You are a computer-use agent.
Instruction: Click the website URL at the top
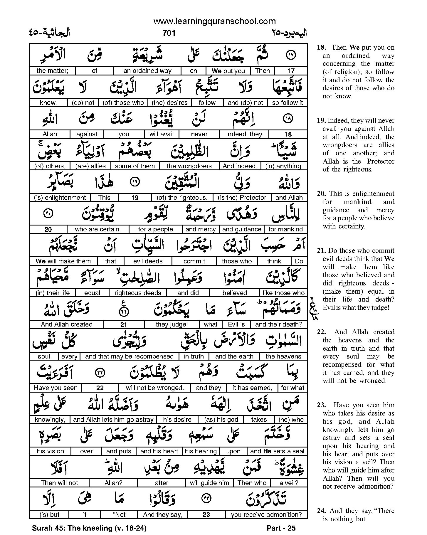point(214,21)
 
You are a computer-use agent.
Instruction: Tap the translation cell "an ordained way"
point(147,71)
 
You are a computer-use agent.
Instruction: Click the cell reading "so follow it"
point(287,103)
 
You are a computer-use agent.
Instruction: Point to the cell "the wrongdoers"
point(189,166)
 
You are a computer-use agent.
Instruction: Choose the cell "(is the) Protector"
point(242,198)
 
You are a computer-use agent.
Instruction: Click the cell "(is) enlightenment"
point(60,198)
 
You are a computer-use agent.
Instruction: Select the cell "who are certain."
point(98,229)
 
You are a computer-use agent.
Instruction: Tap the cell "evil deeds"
point(148,261)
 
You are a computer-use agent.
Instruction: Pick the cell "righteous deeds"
point(138,293)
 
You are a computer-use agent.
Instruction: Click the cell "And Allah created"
point(67,324)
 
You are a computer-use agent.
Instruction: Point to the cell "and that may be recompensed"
point(130,356)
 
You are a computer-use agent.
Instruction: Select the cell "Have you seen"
point(56,388)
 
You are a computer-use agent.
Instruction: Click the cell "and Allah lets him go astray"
point(113,420)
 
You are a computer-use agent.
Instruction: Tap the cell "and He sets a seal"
point(277,451)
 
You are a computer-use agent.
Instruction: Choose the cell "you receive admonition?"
point(266,515)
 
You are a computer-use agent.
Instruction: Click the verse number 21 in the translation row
point(124,325)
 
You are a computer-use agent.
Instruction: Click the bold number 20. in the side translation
point(322,194)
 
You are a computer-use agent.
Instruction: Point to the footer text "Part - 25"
point(281,528)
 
